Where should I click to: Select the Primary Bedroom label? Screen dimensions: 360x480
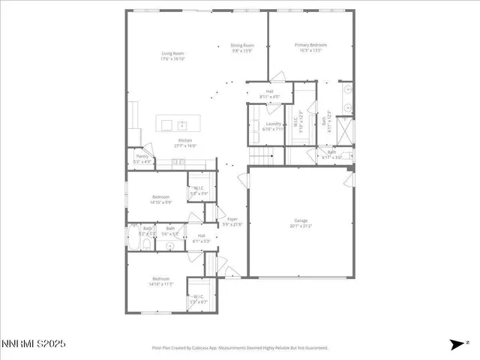point(310,47)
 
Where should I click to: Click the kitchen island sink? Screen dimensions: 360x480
point(181,124)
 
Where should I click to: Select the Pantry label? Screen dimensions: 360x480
point(142,158)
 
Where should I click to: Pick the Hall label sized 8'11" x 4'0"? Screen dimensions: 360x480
point(269,94)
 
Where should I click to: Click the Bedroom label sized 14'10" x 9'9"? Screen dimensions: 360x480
point(161,199)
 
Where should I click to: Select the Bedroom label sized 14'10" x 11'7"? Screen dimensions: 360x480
point(161,281)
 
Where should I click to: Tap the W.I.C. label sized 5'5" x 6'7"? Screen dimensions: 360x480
point(199,298)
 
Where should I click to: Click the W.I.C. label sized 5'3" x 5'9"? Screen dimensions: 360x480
point(200,190)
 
